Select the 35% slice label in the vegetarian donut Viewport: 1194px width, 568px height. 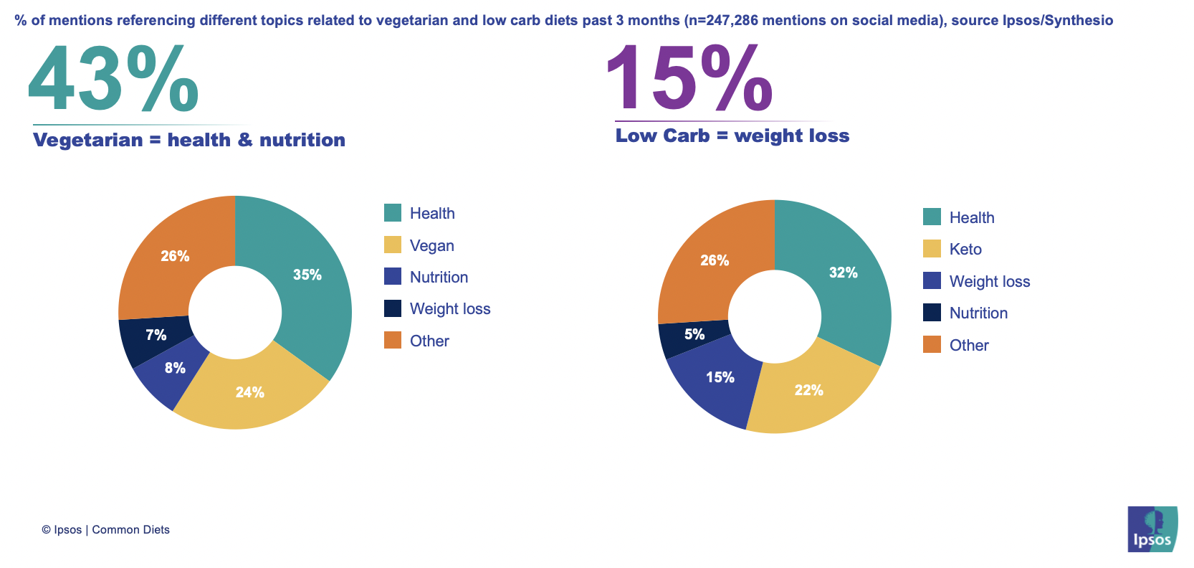point(307,275)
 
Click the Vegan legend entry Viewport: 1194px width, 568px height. point(431,245)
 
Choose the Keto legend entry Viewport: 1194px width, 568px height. point(965,249)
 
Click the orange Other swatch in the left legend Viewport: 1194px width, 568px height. point(393,341)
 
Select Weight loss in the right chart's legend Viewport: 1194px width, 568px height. point(989,281)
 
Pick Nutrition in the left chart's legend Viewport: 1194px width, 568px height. point(439,277)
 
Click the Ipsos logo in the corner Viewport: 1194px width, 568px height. point(1152,529)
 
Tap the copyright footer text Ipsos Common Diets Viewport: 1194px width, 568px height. point(106,530)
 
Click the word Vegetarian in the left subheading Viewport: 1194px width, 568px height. point(88,140)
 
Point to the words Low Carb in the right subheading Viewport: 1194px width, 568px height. point(662,136)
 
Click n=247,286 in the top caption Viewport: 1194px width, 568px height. point(720,20)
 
